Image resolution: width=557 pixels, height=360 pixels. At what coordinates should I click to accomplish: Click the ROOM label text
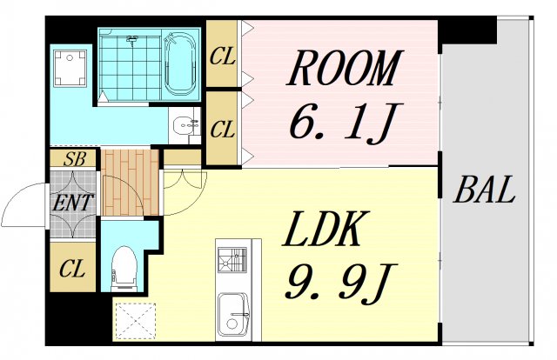tap(345, 70)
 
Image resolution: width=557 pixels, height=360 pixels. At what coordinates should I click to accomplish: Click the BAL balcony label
tap(485, 189)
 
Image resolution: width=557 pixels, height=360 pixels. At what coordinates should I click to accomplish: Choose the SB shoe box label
tap(73, 159)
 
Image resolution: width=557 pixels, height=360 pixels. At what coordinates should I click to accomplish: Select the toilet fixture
tap(126, 265)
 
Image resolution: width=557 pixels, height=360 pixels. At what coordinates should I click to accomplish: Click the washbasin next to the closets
tap(185, 126)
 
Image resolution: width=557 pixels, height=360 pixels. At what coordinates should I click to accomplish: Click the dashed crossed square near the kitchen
tap(134, 318)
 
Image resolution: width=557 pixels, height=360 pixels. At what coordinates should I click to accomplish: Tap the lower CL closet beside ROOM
tap(224, 130)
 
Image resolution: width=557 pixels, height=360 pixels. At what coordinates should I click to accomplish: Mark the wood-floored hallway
tap(130, 183)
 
